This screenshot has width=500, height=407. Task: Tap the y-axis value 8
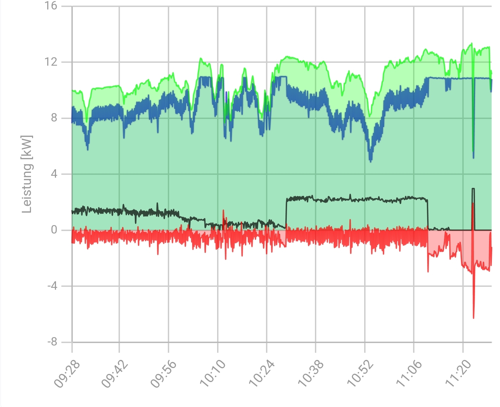point(54,118)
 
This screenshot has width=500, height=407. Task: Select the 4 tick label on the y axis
point(54,174)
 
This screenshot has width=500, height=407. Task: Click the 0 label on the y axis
point(54,230)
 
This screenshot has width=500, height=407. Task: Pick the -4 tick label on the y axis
point(52,286)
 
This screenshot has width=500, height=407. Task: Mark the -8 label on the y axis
point(52,342)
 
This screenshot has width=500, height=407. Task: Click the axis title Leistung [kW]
point(27,174)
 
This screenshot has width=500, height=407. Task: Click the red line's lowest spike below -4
point(474,317)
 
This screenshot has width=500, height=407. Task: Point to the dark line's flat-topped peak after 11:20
point(473,189)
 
